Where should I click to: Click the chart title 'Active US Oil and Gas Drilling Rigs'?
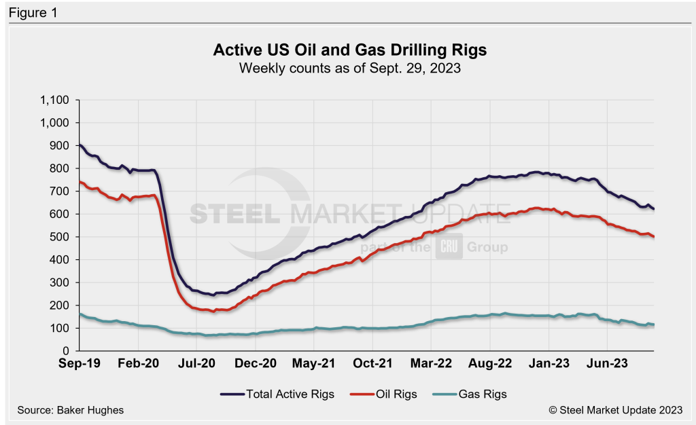tap(350, 50)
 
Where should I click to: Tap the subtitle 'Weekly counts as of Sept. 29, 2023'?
tap(350, 67)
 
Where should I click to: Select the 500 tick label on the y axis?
tap(62, 237)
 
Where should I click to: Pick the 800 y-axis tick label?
tap(62, 168)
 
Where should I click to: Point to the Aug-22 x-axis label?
tap(490, 363)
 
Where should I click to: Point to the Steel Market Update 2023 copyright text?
tap(617, 411)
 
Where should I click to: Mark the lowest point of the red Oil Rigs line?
tap(215, 312)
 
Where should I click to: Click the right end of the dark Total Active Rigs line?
tap(654, 208)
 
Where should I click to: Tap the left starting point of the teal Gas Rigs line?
tap(80, 314)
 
